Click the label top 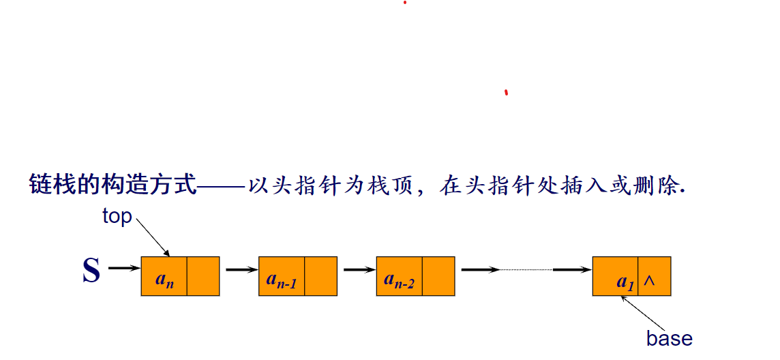[117, 216]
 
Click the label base [669, 338]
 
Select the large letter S [91, 271]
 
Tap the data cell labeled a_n [164, 276]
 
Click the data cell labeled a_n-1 [282, 276]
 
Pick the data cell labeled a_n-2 [399, 276]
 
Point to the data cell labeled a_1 [616, 276]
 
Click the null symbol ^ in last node [649, 280]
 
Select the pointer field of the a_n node [203, 276]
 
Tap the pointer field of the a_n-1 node [321, 276]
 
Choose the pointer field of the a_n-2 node [438, 276]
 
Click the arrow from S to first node [123, 269]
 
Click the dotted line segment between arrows [526, 270]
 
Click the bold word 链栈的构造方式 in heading [112, 185]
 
